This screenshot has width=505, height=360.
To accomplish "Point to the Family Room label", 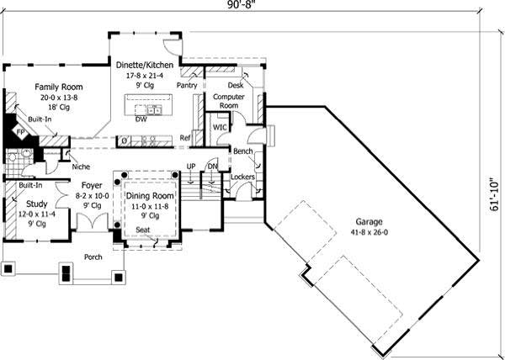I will pyautogui.click(x=57, y=87).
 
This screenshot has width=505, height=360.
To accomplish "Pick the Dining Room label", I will pyautogui.click(x=151, y=196).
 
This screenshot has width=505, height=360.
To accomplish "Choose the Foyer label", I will pyautogui.click(x=92, y=185).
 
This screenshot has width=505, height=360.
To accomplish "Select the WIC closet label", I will pyautogui.click(x=220, y=127).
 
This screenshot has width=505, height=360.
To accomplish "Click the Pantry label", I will pyautogui.click(x=186, y=86).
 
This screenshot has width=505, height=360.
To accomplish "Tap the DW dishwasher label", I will pyautogui.click(x=141, y=119).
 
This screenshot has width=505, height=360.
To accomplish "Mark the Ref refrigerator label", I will pyautogui.click(x=184, y=138).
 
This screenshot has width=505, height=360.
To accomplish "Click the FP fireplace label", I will pyautogui.click(x=20, y=133).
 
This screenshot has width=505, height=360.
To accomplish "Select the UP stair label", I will pyautogui.click(x=191, y=167).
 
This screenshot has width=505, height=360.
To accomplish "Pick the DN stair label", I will pyautogui.click(x=212, y=167).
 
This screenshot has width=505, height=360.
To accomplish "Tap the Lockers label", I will pyautogui.click(x=242, y=177).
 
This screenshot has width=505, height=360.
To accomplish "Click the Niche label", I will pyautogui.click(x=82, y=167).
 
